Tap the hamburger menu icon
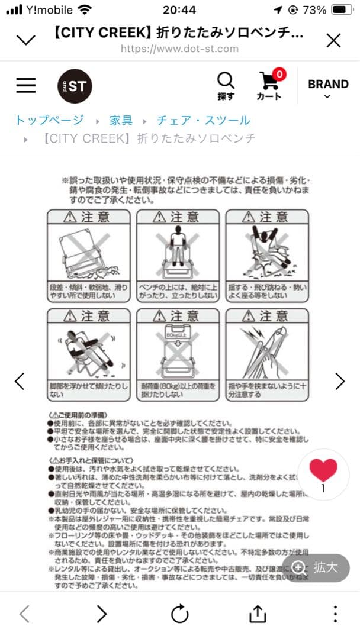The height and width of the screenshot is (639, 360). point(26,85)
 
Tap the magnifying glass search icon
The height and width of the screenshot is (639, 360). point(226,80)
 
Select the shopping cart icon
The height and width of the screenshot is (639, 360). point(268,82)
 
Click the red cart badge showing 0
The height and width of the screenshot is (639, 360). point(279,74)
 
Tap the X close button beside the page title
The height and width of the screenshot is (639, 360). point(333,40)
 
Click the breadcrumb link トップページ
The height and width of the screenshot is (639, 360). point(50,120)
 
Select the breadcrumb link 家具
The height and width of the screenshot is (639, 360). point(121,120)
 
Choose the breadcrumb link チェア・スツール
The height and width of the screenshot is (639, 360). point(203,120)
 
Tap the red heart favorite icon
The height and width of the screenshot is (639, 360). point(323,470)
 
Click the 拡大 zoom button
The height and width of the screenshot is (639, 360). point(316,567)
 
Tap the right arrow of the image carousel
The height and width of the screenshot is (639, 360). point(340,382)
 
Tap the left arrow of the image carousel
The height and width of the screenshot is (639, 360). point(20,382)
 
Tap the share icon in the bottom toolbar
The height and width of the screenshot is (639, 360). point(258,614)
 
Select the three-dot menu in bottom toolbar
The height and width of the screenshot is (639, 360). point(335,614)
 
